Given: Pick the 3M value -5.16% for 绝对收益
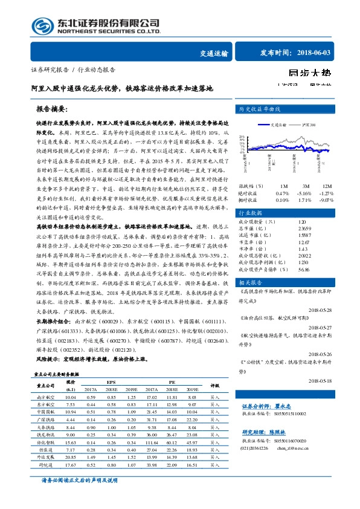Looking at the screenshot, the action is [x=305, y=192].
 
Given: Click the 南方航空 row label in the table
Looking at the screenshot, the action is [x=46, y=397].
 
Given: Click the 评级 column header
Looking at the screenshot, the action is [x=214, y=384].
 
